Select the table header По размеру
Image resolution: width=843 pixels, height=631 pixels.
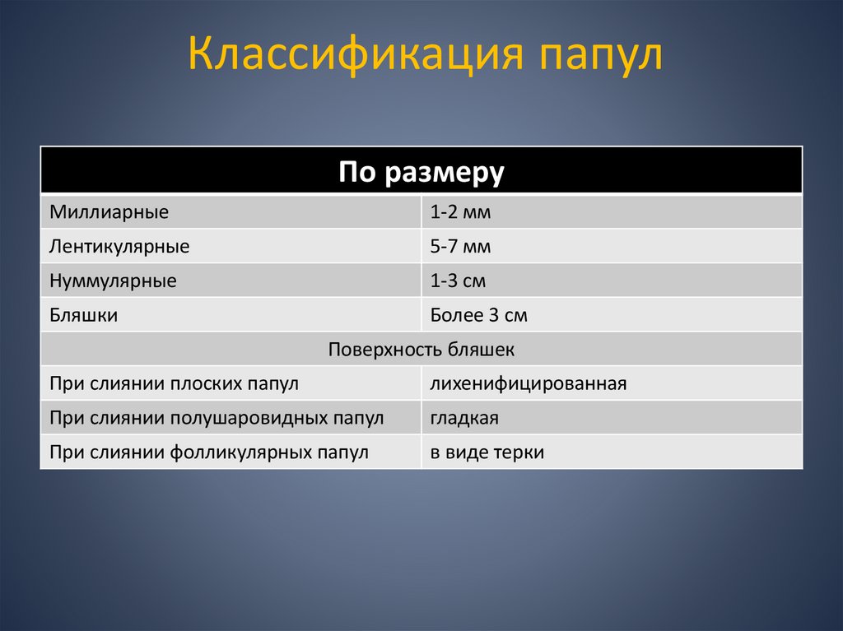(421, 172)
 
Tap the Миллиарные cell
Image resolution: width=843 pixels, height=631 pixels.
(109, 212)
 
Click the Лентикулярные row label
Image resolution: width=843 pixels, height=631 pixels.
(119, 246)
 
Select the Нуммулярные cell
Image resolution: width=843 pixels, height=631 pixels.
(113, 281)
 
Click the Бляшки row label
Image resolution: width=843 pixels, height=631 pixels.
(83, 315)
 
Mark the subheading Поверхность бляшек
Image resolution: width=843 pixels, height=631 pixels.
(421, 350)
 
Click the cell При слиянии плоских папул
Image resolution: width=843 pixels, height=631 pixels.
(174, 383)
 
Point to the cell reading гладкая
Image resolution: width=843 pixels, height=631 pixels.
(464, 418)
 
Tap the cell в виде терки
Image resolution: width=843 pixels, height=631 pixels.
(487, 452)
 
